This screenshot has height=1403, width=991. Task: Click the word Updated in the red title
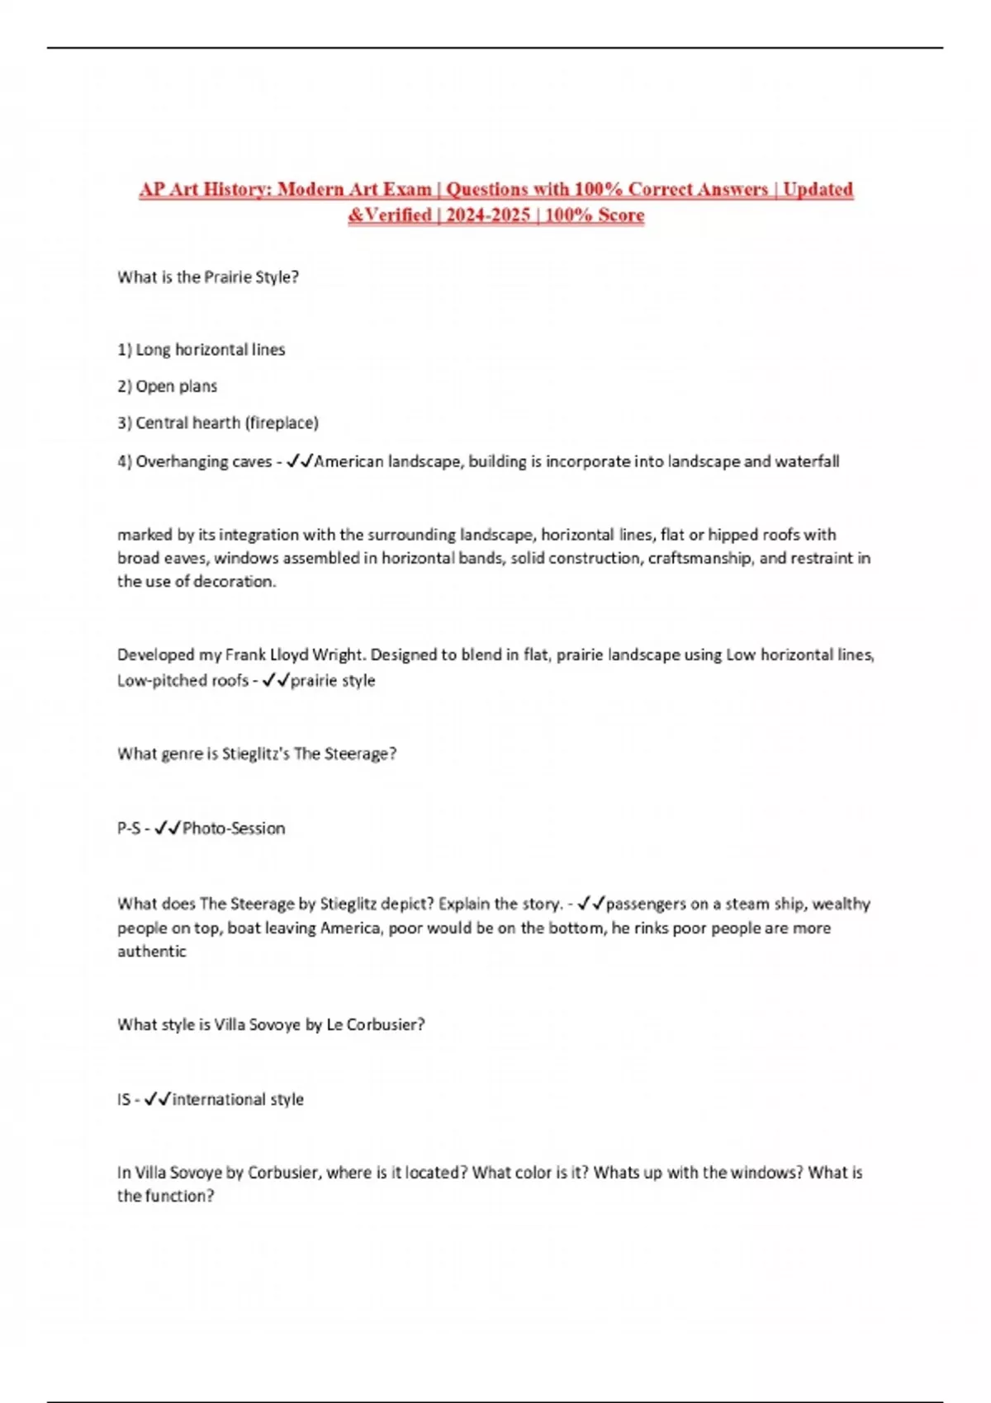(818, 189)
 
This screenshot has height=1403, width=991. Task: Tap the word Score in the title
(622, 215)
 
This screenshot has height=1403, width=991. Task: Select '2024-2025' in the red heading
(488, 215)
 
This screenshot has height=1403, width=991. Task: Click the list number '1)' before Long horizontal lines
(125, 350)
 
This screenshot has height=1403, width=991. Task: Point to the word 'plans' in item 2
(198, 386)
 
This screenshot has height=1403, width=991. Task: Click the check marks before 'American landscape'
(299, 461)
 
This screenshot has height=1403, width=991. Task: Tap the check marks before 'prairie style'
(276, 681)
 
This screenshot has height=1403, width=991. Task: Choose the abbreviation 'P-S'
(128, 829)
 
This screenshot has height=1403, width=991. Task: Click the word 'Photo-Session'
(234, 829)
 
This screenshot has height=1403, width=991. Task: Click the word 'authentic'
(152, 952)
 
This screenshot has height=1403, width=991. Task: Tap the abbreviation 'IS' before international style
(123, 1100)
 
